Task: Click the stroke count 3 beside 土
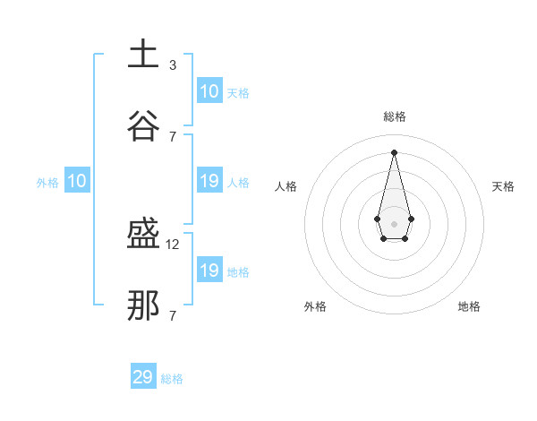coord(173,64)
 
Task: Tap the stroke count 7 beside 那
coord(173,315)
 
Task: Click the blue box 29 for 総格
coord(143,377)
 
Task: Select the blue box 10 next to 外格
coord(77,181)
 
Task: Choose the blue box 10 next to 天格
coord(209,91)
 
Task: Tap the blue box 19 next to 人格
coord(209,181)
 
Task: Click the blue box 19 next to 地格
coord(209,271)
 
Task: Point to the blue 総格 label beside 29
coord(172,379)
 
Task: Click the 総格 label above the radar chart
coord(394,116)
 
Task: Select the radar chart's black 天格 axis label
coord(504,186)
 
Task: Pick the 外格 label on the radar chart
coord(315,306)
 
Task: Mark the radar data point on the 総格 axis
coord(394,151)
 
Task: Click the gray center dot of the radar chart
coord(394,223)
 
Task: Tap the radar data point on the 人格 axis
coord(377,219)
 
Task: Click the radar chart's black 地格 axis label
coord(469,306)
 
